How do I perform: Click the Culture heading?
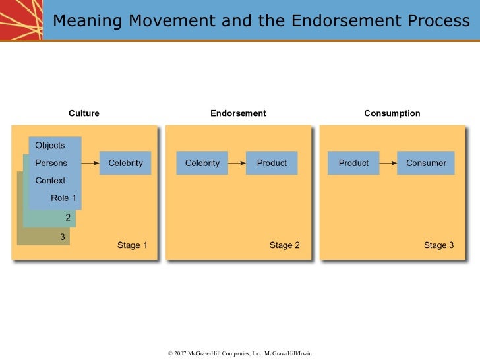(84, 113)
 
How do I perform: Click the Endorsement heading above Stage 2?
(238, 113)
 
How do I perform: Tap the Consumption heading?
(392, 113)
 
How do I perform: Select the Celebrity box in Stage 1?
(125, 164)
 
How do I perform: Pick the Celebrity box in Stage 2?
(202, 164)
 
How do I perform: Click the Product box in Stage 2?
(272, 164)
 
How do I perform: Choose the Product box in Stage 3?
(353, 164)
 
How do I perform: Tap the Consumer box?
(426, 164)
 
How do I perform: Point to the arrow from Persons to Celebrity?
(90, 164)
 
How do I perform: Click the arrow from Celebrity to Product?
(237, 164)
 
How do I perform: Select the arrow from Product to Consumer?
(388, 164)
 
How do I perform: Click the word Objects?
(50, 146)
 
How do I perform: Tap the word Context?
(50, 181)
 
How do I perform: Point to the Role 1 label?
(64, 198)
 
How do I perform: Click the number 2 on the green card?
(68, 217)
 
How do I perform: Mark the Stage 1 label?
(132, 245)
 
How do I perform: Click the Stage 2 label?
(284, 245)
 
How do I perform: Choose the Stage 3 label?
(438, 245)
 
